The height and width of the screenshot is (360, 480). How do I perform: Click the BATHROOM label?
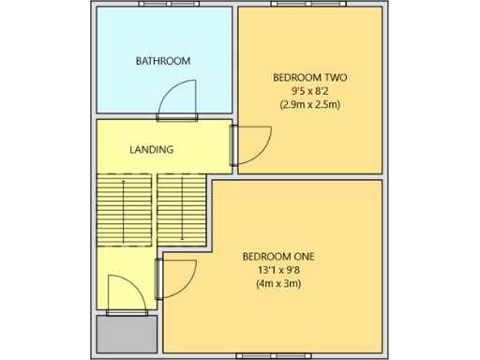[163, 61]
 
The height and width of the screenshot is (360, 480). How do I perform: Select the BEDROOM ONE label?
[277, 256]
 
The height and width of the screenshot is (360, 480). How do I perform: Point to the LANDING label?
[151, 149]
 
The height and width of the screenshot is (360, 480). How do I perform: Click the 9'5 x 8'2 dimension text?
[310, 91]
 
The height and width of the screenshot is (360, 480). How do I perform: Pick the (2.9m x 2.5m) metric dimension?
[310, 104]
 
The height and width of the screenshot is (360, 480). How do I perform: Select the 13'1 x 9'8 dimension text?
[277, 270]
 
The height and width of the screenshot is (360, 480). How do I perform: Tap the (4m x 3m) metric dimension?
[277, 283]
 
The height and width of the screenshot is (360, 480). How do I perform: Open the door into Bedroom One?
[174, 278]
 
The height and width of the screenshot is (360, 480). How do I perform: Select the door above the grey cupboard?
[126, 294]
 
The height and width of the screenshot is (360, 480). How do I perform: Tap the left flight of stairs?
[123, 210]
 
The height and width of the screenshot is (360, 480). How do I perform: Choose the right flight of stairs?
[181, 210]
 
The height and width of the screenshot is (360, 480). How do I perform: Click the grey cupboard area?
[127, 334]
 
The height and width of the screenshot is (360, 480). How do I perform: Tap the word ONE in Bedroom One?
[302, 256]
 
